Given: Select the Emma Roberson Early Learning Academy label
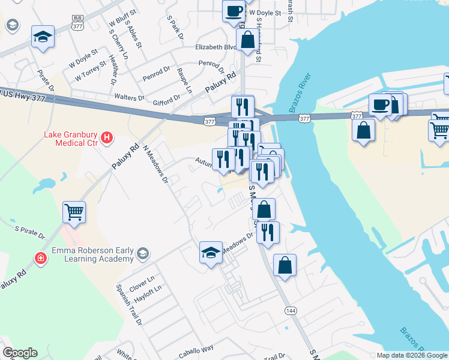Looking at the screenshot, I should pyautogui.click(x=92, y=254).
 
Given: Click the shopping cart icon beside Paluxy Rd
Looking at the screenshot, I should pyautogui.click(x=74, y=211).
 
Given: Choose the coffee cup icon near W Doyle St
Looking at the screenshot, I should pyautogui.click(x=234, y=11).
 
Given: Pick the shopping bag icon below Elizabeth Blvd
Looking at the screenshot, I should pyautogui.click(x=247, y=41).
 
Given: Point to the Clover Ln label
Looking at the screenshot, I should pyautogui.click(x=142, y=280).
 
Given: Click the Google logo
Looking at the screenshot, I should pyautogui.click(x=20, y=353).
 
